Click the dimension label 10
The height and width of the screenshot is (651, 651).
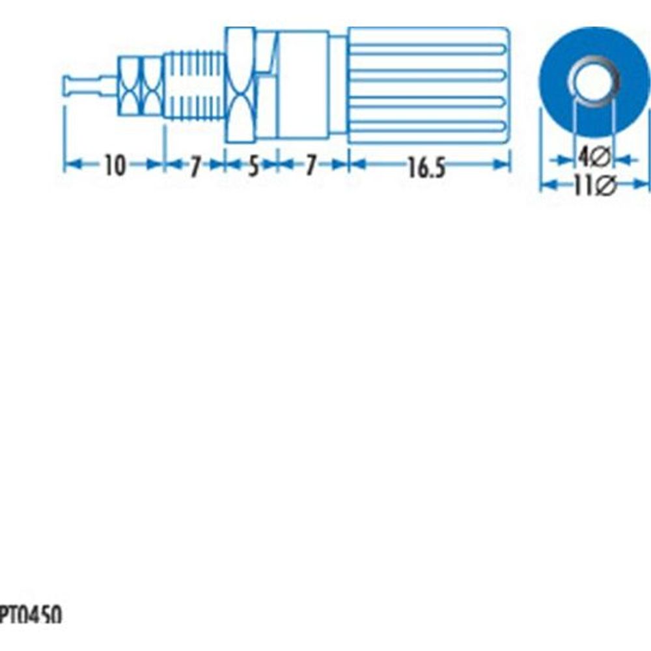(x=114, y=167)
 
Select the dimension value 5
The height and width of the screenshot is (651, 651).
(x=251, y=167)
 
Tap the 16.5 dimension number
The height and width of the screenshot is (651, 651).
(x=426, y=168)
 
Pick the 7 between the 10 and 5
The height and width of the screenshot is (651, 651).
(x=195, y=167)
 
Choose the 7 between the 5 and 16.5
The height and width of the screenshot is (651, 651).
(x=311, y=167)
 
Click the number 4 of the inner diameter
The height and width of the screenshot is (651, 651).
(x=585, y=157)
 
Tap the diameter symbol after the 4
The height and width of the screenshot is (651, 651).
(x=602, y=157)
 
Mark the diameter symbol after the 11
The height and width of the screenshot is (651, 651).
(x=605, y=187)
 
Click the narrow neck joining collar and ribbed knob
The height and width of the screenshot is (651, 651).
(x=338, y=85)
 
